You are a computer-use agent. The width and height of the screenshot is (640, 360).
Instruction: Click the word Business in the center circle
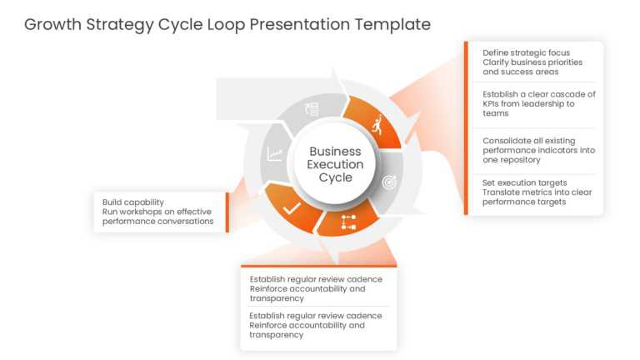(x=335, y=152)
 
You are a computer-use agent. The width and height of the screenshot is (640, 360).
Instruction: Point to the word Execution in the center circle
(x=335, y=164)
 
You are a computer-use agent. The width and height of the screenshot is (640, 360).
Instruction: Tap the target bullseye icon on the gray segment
(x=389, y=182)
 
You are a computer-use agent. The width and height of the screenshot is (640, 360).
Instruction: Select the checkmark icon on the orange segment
(x=292, y=207)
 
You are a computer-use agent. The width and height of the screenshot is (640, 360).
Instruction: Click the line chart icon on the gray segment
(x=275, y=154)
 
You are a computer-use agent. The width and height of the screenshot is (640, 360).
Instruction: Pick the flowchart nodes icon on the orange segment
(x=347, y=222)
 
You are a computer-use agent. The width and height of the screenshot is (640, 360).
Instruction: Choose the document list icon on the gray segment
(x=312, y=109)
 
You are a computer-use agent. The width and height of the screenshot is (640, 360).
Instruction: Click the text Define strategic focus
(x=526, y=52)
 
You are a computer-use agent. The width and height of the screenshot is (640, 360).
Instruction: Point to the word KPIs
(x=492, y=103)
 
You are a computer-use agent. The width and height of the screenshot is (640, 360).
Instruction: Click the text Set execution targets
(x=524, y=182)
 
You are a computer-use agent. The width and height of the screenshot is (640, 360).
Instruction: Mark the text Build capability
(x=133, y=202)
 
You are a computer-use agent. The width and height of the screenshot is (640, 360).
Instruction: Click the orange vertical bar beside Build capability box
(x=227, y=212)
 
